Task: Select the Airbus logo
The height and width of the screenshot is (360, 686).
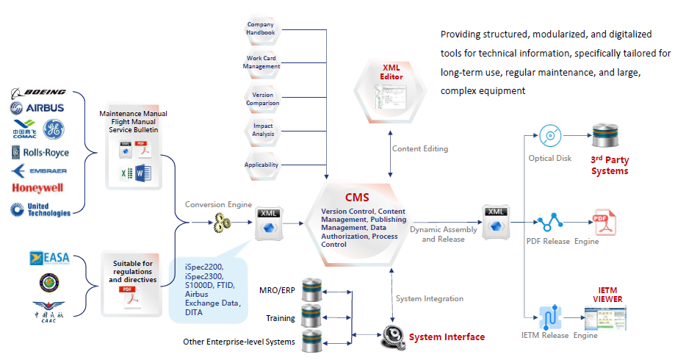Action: pos(38,108)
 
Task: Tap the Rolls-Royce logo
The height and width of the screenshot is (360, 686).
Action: pos(41,153)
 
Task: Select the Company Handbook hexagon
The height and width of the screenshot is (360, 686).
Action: pos(261,29)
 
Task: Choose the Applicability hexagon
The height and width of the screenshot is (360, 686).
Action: pos(261,165)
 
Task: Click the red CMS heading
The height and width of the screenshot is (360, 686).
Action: pos(357,198)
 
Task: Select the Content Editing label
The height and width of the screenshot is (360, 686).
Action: pos(420,148)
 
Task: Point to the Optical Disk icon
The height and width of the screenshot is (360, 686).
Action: pos(549,137)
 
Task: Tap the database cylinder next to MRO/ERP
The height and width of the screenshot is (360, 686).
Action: pos(313,289)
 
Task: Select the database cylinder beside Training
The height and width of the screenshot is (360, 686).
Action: pos(313,316)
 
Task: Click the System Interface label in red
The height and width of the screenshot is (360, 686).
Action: pos(447,337)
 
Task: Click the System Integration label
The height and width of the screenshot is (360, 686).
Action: pos(430,298)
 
